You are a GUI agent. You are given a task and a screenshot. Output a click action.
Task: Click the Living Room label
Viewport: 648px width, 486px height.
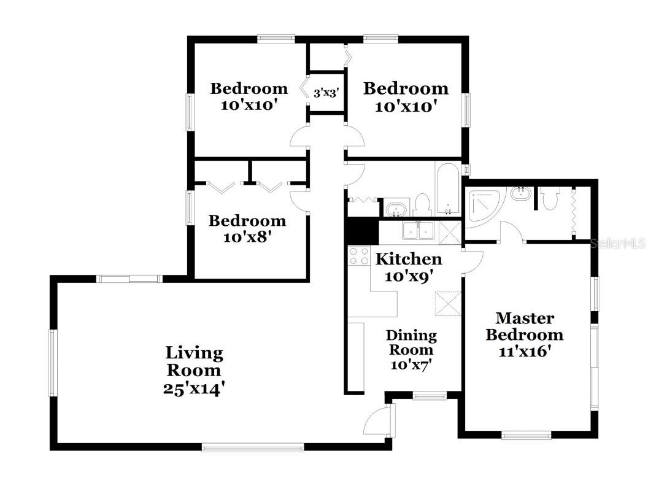click(x=194, y=361)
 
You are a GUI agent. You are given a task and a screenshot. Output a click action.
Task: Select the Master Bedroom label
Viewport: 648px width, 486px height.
click(x=524, y=326)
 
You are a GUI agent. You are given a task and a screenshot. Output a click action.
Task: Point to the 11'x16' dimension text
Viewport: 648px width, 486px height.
click(x=524, y=352)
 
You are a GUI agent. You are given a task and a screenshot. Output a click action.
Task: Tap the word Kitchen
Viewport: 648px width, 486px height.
click(x=408, y=258)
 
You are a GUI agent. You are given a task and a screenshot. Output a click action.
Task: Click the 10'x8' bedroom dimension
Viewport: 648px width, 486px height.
click(x=247, y=236)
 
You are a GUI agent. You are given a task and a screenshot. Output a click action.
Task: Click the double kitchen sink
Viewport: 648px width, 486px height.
click(x=418, y=231)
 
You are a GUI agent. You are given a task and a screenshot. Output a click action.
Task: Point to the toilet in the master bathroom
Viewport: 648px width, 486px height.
click(x=550, y=198)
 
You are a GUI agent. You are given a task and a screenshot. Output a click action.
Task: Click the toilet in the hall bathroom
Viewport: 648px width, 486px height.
click(x=422, y=204)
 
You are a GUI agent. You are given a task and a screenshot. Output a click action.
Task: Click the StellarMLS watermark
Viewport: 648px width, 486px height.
click(x=617, y=244)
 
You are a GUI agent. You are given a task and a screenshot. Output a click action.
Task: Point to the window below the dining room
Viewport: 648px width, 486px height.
click(x=429, y=396)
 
